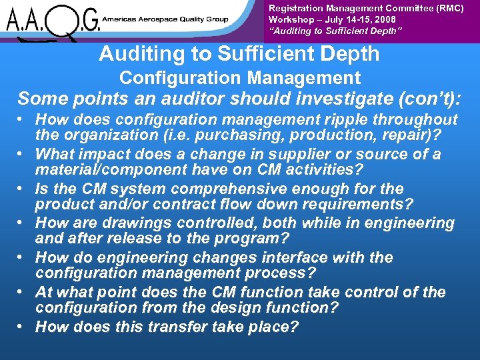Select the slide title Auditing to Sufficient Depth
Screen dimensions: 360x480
click(239, 54)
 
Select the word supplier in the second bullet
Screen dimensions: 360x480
click(311, 154)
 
